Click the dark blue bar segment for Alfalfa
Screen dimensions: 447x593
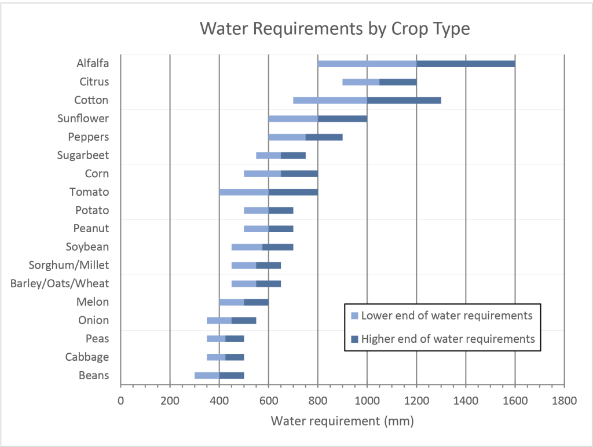point(466,64)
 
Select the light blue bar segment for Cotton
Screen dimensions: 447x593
point(330,100)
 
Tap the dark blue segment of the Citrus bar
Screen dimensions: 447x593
point(398,82)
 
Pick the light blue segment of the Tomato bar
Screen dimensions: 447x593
point(244,192)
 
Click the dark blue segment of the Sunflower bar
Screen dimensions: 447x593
point(342,119)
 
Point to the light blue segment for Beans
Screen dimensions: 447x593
point(207,375)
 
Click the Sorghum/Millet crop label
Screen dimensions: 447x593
point(69,265)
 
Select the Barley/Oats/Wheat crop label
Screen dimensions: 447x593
point(60,284)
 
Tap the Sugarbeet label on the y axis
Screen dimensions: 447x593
point(83,155)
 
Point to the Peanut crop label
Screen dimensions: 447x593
point(91,228)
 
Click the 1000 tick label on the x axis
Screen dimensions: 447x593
point(367,400)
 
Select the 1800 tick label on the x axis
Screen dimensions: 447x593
point(564,400)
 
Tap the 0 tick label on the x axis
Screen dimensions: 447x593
point(120,400)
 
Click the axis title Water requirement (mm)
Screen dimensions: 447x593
point(342,421)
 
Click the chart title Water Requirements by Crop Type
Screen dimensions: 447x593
point(335,28)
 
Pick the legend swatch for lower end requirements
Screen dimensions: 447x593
point(354,316)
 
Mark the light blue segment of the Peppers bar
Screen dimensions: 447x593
point(287,137)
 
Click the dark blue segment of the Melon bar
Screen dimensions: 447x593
point(256,302)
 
